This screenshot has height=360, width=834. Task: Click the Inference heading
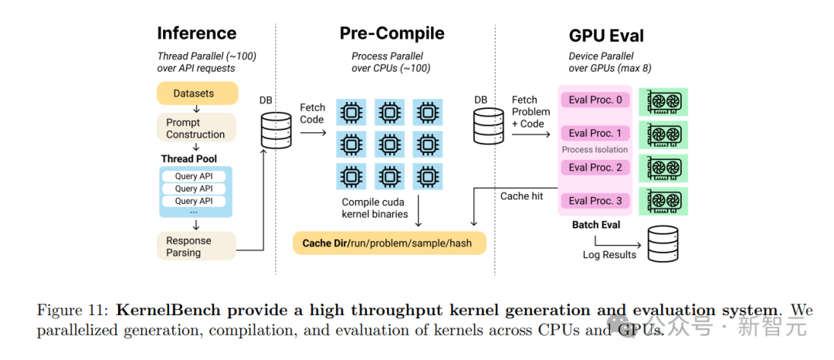197,33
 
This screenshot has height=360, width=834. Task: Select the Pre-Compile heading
392,33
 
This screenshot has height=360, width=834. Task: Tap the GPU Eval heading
606,36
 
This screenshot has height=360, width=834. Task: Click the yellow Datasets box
197,93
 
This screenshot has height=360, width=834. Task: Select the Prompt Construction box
195,128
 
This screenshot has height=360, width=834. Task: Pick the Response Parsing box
195,246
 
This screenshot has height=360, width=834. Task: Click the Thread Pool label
189,159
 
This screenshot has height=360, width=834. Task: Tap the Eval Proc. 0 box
595,100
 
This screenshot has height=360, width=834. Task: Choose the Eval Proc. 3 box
595,201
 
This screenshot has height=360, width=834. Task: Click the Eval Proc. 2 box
595,168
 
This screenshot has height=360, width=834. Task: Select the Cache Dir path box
390,243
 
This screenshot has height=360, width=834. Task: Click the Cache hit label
522,196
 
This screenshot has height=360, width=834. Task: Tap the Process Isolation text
595,149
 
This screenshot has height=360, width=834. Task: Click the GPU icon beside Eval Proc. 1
663,134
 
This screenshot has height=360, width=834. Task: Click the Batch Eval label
595,225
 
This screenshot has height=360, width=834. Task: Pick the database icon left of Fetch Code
276,131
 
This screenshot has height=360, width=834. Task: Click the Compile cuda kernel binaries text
375,208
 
